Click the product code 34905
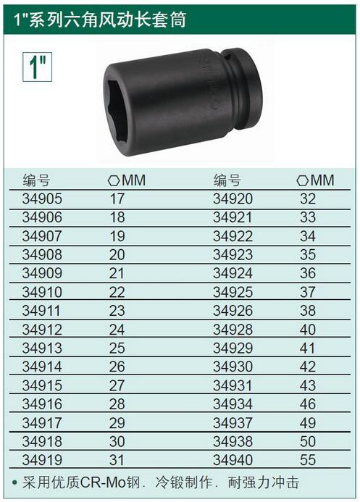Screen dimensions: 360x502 click(x=42, y=198)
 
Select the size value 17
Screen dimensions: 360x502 click(x=117, y=198)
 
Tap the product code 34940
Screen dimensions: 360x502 click(x=233, y=460)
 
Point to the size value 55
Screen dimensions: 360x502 click(x=308, y=460)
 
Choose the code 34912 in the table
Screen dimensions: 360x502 click(x=42, y=330)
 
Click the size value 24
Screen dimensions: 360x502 click(x=117, y=330)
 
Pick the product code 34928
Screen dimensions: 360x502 click(x=233, y=330)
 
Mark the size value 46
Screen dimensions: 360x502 click(x=308, y=404)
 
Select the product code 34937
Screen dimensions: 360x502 click(x=233, y=423)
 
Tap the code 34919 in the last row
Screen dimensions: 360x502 click(x=42, y=460)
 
